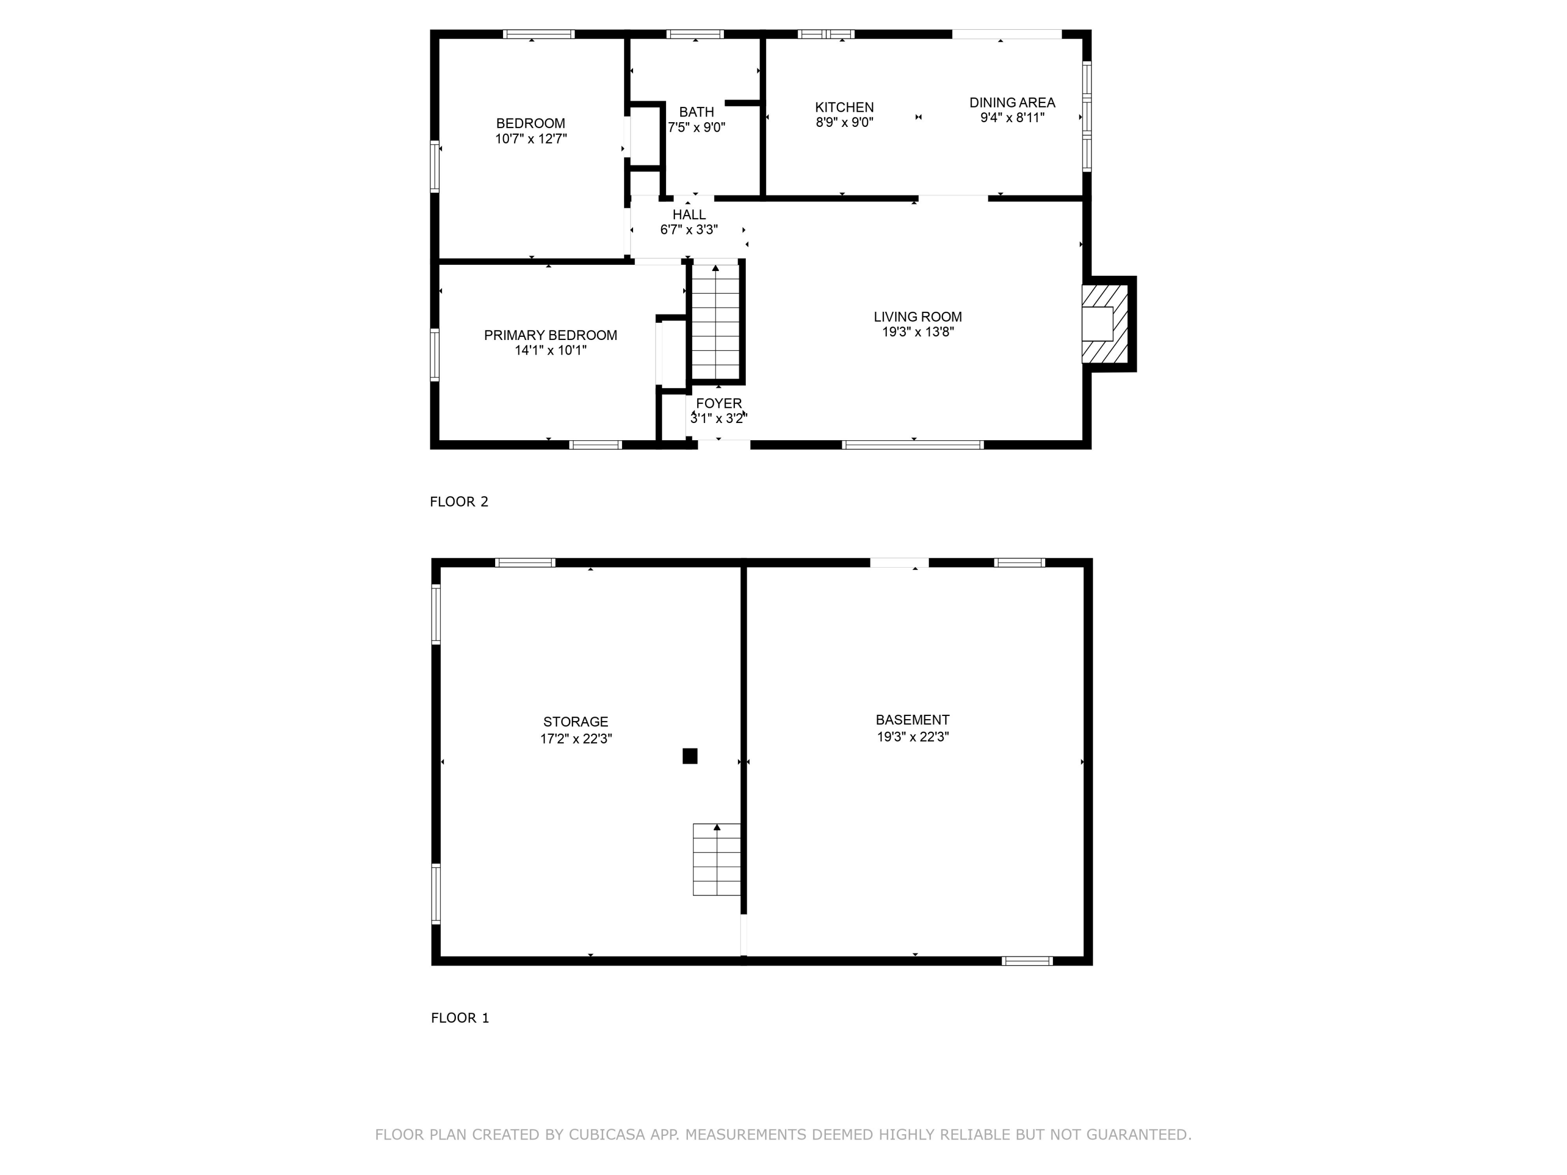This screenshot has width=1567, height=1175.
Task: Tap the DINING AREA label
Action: [x=1012, y=103]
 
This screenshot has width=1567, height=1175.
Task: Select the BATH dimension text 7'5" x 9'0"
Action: [x=696, y=127]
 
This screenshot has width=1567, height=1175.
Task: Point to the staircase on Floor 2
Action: [x=716, y=322]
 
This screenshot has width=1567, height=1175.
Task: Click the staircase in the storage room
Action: [x=716, y=859]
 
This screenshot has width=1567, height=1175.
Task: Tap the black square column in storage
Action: [x=689, y=756]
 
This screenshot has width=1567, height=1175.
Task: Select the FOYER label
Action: [x=718, y=404]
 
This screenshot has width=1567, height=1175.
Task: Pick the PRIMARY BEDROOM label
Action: [x=551, y=335]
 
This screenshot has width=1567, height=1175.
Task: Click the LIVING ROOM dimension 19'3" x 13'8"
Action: [x=917, y=332]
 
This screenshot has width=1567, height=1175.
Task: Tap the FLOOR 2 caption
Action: [x=459, y=501]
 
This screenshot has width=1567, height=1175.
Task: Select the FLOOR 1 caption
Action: [x=460, y=1018]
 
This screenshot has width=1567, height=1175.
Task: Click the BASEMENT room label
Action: [x=913, y=720]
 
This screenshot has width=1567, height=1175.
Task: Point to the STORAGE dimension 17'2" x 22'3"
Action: [x=576, y=739]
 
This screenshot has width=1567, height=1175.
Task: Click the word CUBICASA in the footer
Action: [x=606, y=1135]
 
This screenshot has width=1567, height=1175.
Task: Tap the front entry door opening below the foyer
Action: [x=723, y=445]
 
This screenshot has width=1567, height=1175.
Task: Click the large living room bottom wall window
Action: [x=913, y=445]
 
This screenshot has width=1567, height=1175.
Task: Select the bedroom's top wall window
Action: [x=539, y=34]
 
